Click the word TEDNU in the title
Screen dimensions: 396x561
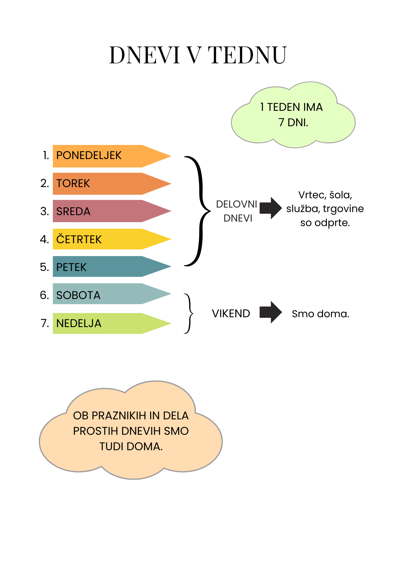click(248, 55)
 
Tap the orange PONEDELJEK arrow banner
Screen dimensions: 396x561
click(112, 156)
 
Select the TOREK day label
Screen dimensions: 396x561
click(73, 183)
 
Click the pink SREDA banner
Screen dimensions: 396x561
click(112, 211)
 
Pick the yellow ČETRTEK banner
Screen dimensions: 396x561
click(112, 239)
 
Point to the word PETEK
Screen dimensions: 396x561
click(71, 267)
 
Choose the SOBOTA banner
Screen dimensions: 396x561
click(112, 294)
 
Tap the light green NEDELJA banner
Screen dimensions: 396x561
click(112, 323)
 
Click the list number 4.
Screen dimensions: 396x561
click(45, 239)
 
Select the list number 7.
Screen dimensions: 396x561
click(45, 323)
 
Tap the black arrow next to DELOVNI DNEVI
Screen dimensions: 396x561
click(271, 208)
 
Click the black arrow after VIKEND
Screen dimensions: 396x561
click(271, 312)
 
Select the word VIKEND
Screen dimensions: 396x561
click(231, 314)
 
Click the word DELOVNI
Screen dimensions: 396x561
click(237, 204)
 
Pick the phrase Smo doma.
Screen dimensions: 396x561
click(321, 314)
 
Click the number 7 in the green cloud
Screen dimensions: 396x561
click(281, 123)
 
